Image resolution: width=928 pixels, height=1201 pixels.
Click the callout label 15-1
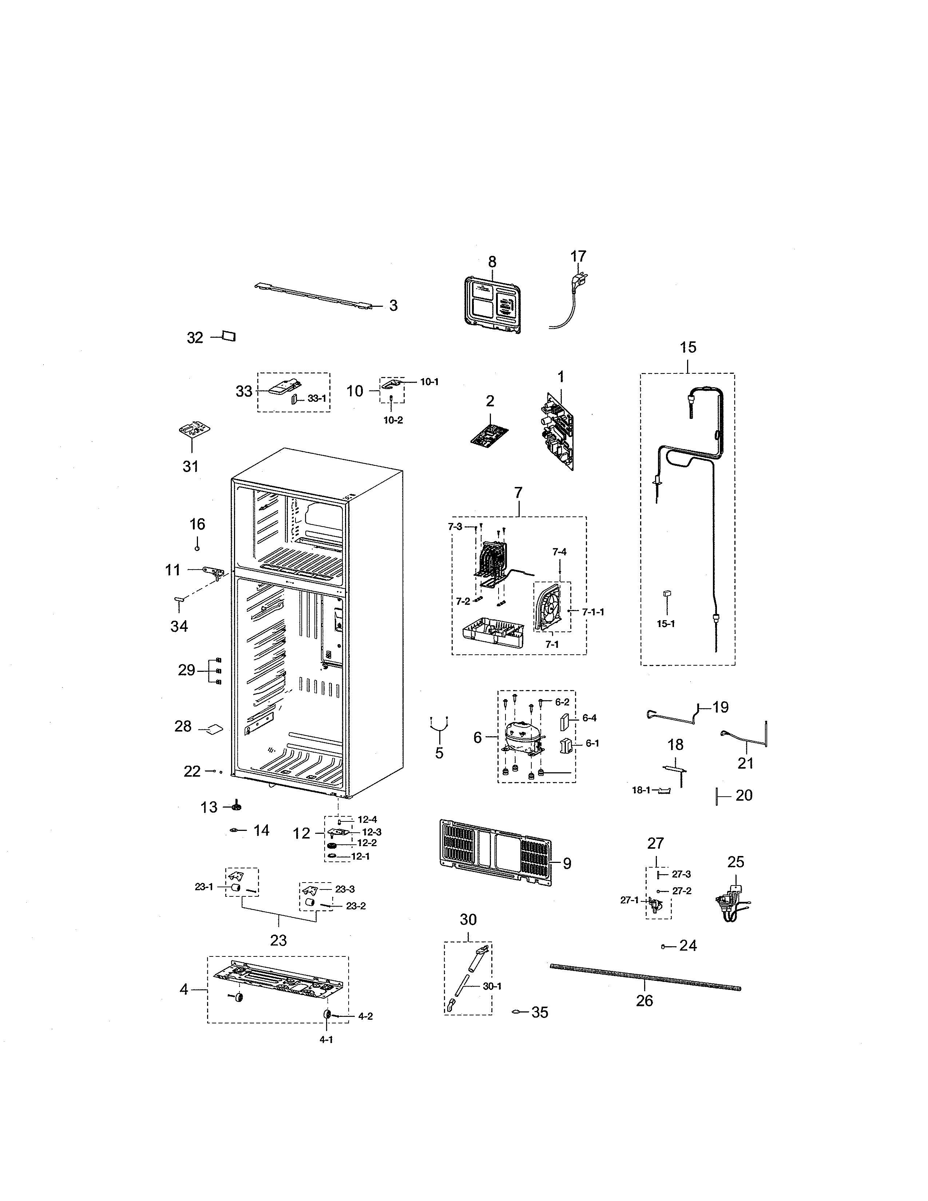click(x=666, y=623)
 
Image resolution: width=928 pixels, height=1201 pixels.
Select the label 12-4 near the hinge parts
click(x=367, y=819)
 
